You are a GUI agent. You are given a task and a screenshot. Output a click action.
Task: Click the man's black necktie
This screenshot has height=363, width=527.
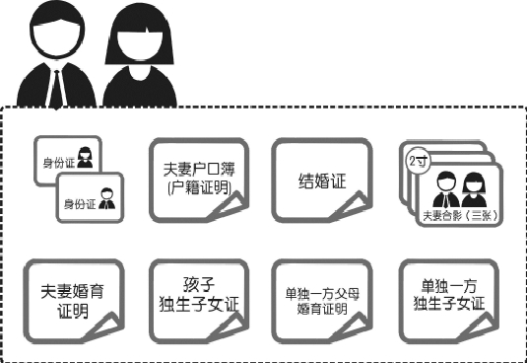[58, 85]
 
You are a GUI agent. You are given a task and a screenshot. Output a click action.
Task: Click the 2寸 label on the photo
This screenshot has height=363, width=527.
[417, 158]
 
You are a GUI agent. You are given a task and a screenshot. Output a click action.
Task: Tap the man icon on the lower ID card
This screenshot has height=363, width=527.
[104, 199]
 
